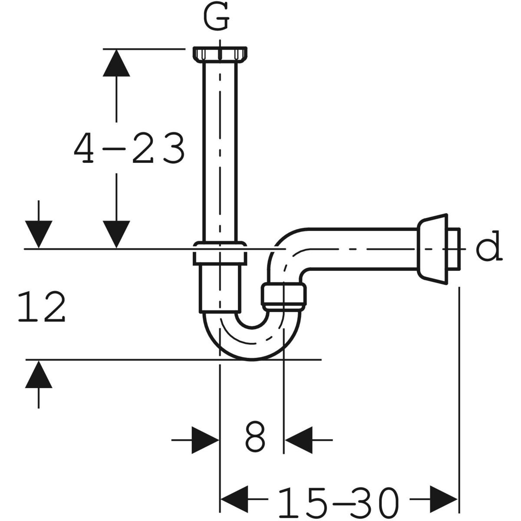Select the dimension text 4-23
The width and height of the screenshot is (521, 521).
[x=129, y=148]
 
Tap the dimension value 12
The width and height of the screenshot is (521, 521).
[x=42, y=307]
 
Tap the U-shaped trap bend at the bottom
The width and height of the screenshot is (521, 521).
[x=252, y=343]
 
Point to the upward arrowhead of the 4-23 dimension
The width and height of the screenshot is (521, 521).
[x=116, y=63]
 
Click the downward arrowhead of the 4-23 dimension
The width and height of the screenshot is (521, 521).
[x=116, y=234]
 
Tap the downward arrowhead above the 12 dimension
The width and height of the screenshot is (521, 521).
[x=39, y=234]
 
